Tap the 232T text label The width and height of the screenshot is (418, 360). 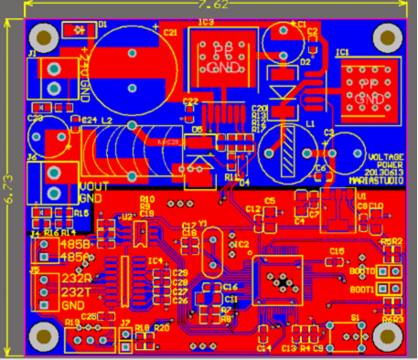tap(76, 291)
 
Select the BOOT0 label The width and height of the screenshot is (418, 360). tap(360, 271)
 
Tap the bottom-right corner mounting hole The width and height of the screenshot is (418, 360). tap(386, 335)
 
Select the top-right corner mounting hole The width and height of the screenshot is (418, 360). tap(387, 37)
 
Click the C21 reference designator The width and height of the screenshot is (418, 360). tap(170, 32)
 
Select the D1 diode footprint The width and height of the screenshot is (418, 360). tap(80, 30)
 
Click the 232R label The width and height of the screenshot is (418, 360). tap(76, 278)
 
